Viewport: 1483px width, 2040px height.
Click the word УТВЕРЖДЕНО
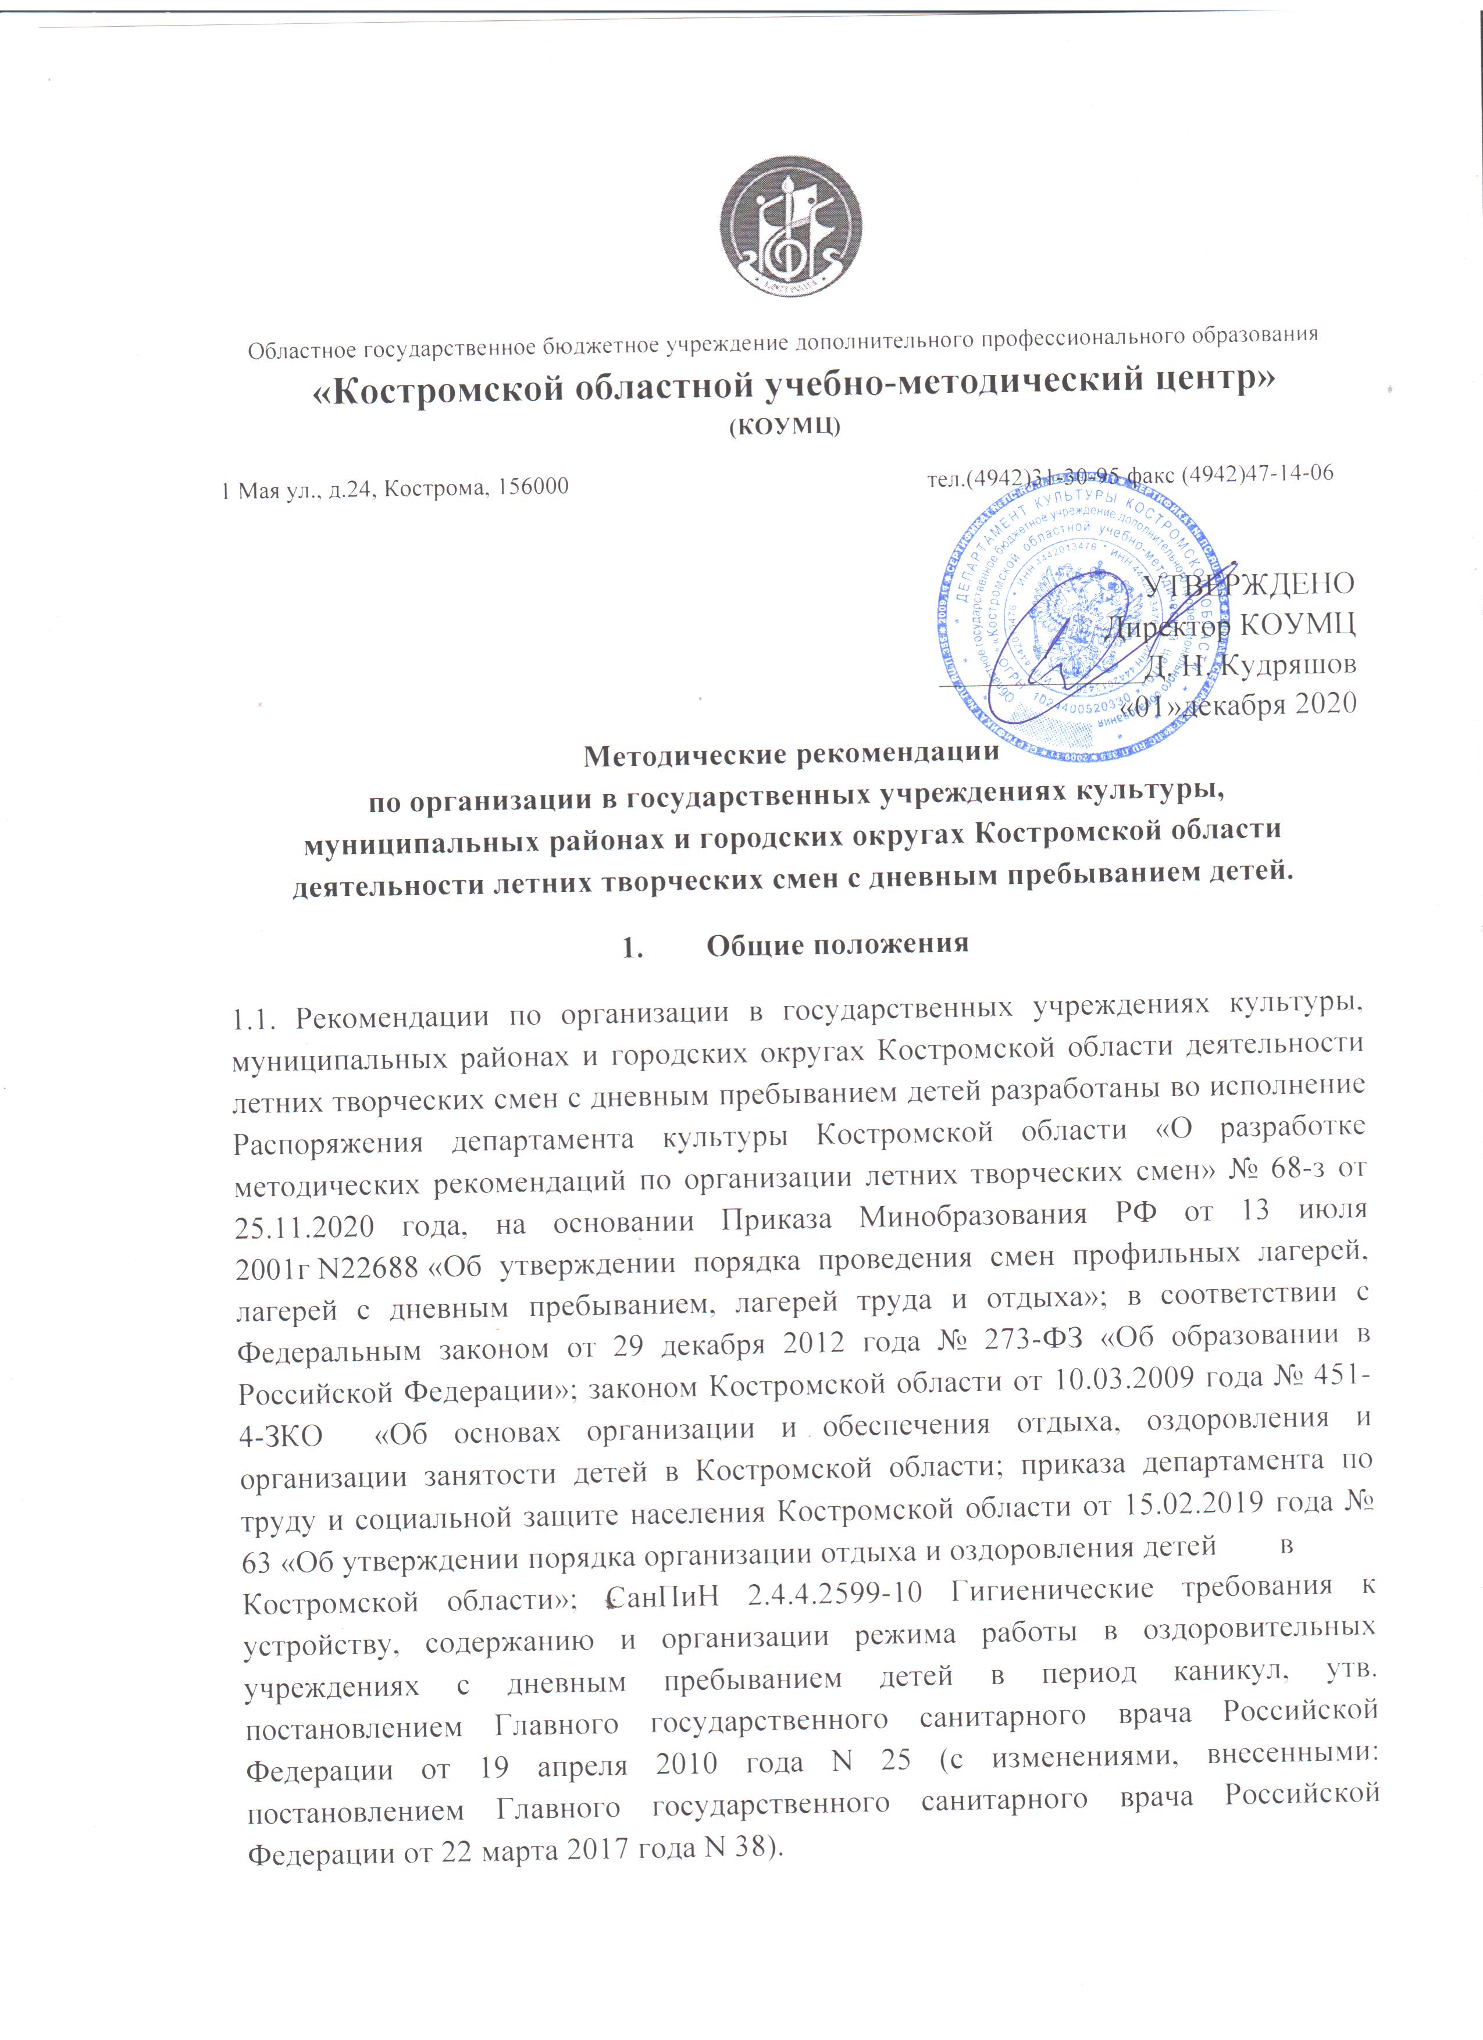pos(1249,584)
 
